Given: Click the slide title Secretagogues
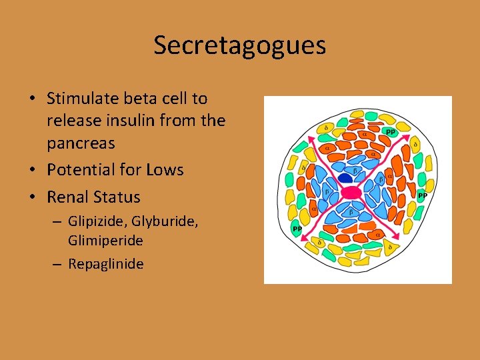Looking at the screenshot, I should (x=239, y=45).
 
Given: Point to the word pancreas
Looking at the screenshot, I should (x=81, y=143).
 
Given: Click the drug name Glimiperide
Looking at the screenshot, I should (x=105, y=240).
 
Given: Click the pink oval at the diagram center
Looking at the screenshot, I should (x=351, y=193).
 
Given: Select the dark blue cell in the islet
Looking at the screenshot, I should (x=345, y=178).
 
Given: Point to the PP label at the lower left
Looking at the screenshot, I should (x=297, y=229).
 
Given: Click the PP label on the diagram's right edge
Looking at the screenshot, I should (x=422, y=195).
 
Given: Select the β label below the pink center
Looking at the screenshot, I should (x=351, y=212).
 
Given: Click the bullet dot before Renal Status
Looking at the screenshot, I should (x=33, y=198).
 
